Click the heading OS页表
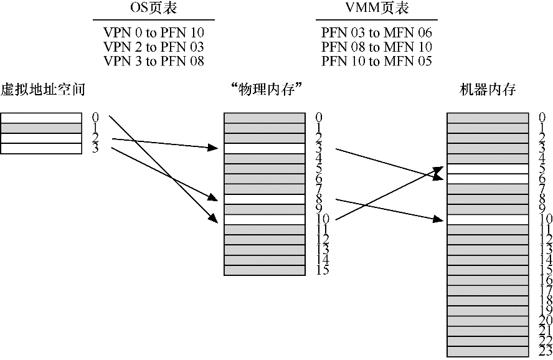pos(153,9)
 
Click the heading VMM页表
pos(377,9)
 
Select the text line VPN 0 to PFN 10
pos(154,32)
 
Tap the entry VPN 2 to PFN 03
pos(154,47)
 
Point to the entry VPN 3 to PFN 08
pos(154,61)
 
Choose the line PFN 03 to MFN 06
pos(377,32)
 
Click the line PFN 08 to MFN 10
pos(377,47)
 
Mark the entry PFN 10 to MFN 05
pos(377,61)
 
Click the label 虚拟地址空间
pos(42,90)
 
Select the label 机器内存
pos(488,90)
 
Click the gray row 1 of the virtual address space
pos(41,128)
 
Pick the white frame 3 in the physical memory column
pos(264,148)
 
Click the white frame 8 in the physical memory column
pos(264,199)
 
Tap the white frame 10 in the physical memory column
pos(264,219)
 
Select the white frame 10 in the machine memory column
pos(488,219)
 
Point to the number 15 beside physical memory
pos(322,270)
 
